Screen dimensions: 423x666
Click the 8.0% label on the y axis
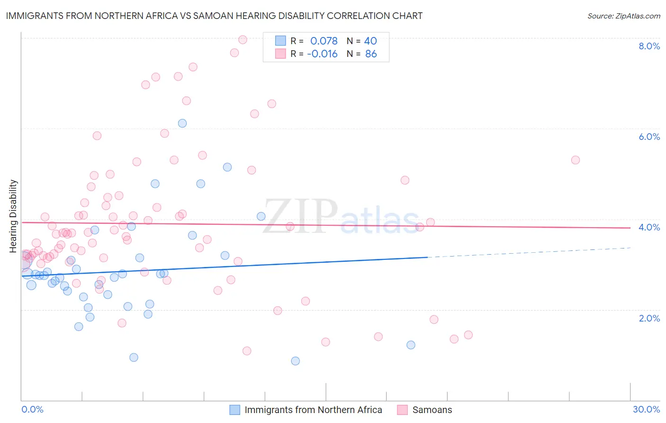click(649, 46)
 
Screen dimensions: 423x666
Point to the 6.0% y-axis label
click(649, 137)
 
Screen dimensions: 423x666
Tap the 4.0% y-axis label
click(649, 227)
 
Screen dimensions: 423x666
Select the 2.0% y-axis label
click(649, 318)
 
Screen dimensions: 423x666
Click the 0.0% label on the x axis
click(32, 409)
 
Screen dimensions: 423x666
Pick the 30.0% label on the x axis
click(646, 409)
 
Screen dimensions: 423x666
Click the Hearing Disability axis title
click(13, 216)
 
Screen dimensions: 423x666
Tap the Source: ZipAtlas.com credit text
click(623, 16)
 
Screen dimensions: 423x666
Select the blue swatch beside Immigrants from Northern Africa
click(234, 410)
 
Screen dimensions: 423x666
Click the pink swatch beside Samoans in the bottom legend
click(402, 410)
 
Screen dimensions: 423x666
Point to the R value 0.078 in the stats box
click(324, 41)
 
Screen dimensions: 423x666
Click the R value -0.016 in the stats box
click(322, 54)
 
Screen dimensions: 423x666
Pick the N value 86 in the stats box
click(371, 54)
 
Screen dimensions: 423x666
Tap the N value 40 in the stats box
click(370, 41)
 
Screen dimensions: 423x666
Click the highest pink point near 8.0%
click(243, 39)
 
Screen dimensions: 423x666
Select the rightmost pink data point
click(576, 160)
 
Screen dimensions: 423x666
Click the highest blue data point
click(182, 123)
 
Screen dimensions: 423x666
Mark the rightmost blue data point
click(411, 345)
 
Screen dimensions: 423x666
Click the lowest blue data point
click(295, 361)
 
